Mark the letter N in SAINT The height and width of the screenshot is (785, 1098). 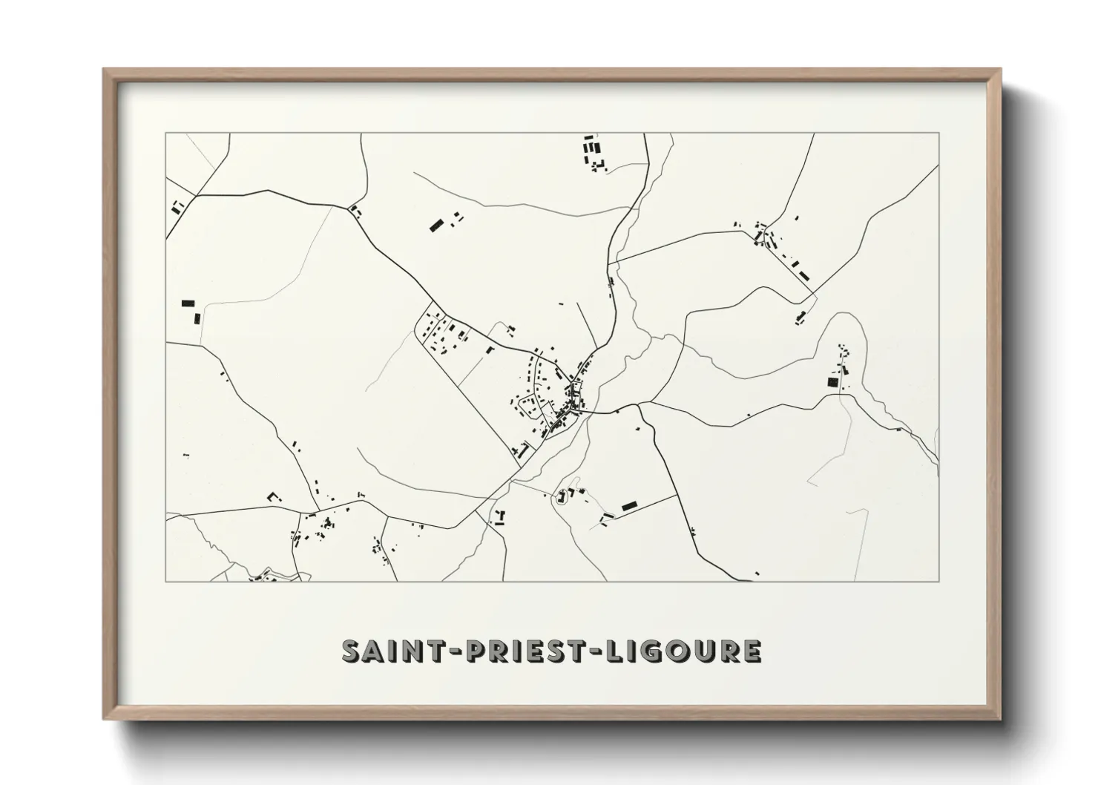pyautogui.click(x=412, y=651)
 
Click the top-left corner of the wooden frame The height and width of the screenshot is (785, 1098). pyautogui.click(x=104, y=70)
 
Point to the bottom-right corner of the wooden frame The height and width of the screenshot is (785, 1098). pyautogui.click(x=1000, y=719)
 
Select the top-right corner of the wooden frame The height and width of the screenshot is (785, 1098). pyautogui.click(x=1000, y=70)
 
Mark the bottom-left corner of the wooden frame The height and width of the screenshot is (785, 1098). pyautogui.click(x=104, y=719)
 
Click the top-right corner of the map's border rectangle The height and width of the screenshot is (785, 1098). pyautogui.click(x=939, y=134)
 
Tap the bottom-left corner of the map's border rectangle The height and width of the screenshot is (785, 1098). pyautogui.click(x=165, y=581)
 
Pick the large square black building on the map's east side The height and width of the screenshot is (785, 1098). pyautogui.click(x=832, y=382)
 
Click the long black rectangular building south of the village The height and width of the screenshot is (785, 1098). pyautogui.click(x=630, y=506)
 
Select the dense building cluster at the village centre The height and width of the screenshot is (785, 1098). pyautogui.click(x=573, y=397)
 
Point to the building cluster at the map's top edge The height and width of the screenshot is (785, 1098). pyautogui.click(x=593, y=152)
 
